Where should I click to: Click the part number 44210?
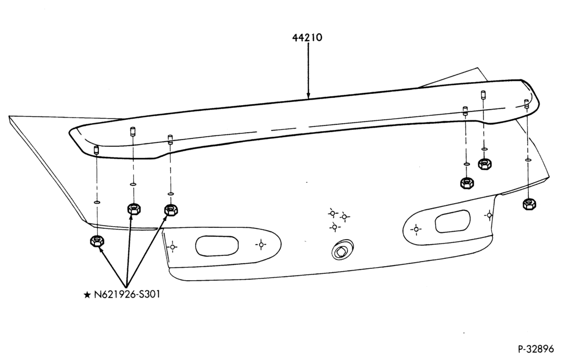[x=307, y=37]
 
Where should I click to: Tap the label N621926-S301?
[x=127, y=294]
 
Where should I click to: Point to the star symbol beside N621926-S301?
[x=87, y=295]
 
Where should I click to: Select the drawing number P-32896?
[x=536, y=349]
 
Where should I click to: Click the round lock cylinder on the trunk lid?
[x=342, y=250]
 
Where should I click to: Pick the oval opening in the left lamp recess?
[x=217, y=246]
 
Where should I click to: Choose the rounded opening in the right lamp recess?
[x=452, y=221]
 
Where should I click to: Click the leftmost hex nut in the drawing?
[x=97, y=241]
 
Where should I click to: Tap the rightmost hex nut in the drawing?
[x=529, y=204]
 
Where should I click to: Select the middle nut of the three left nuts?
[x=134, y=208]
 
